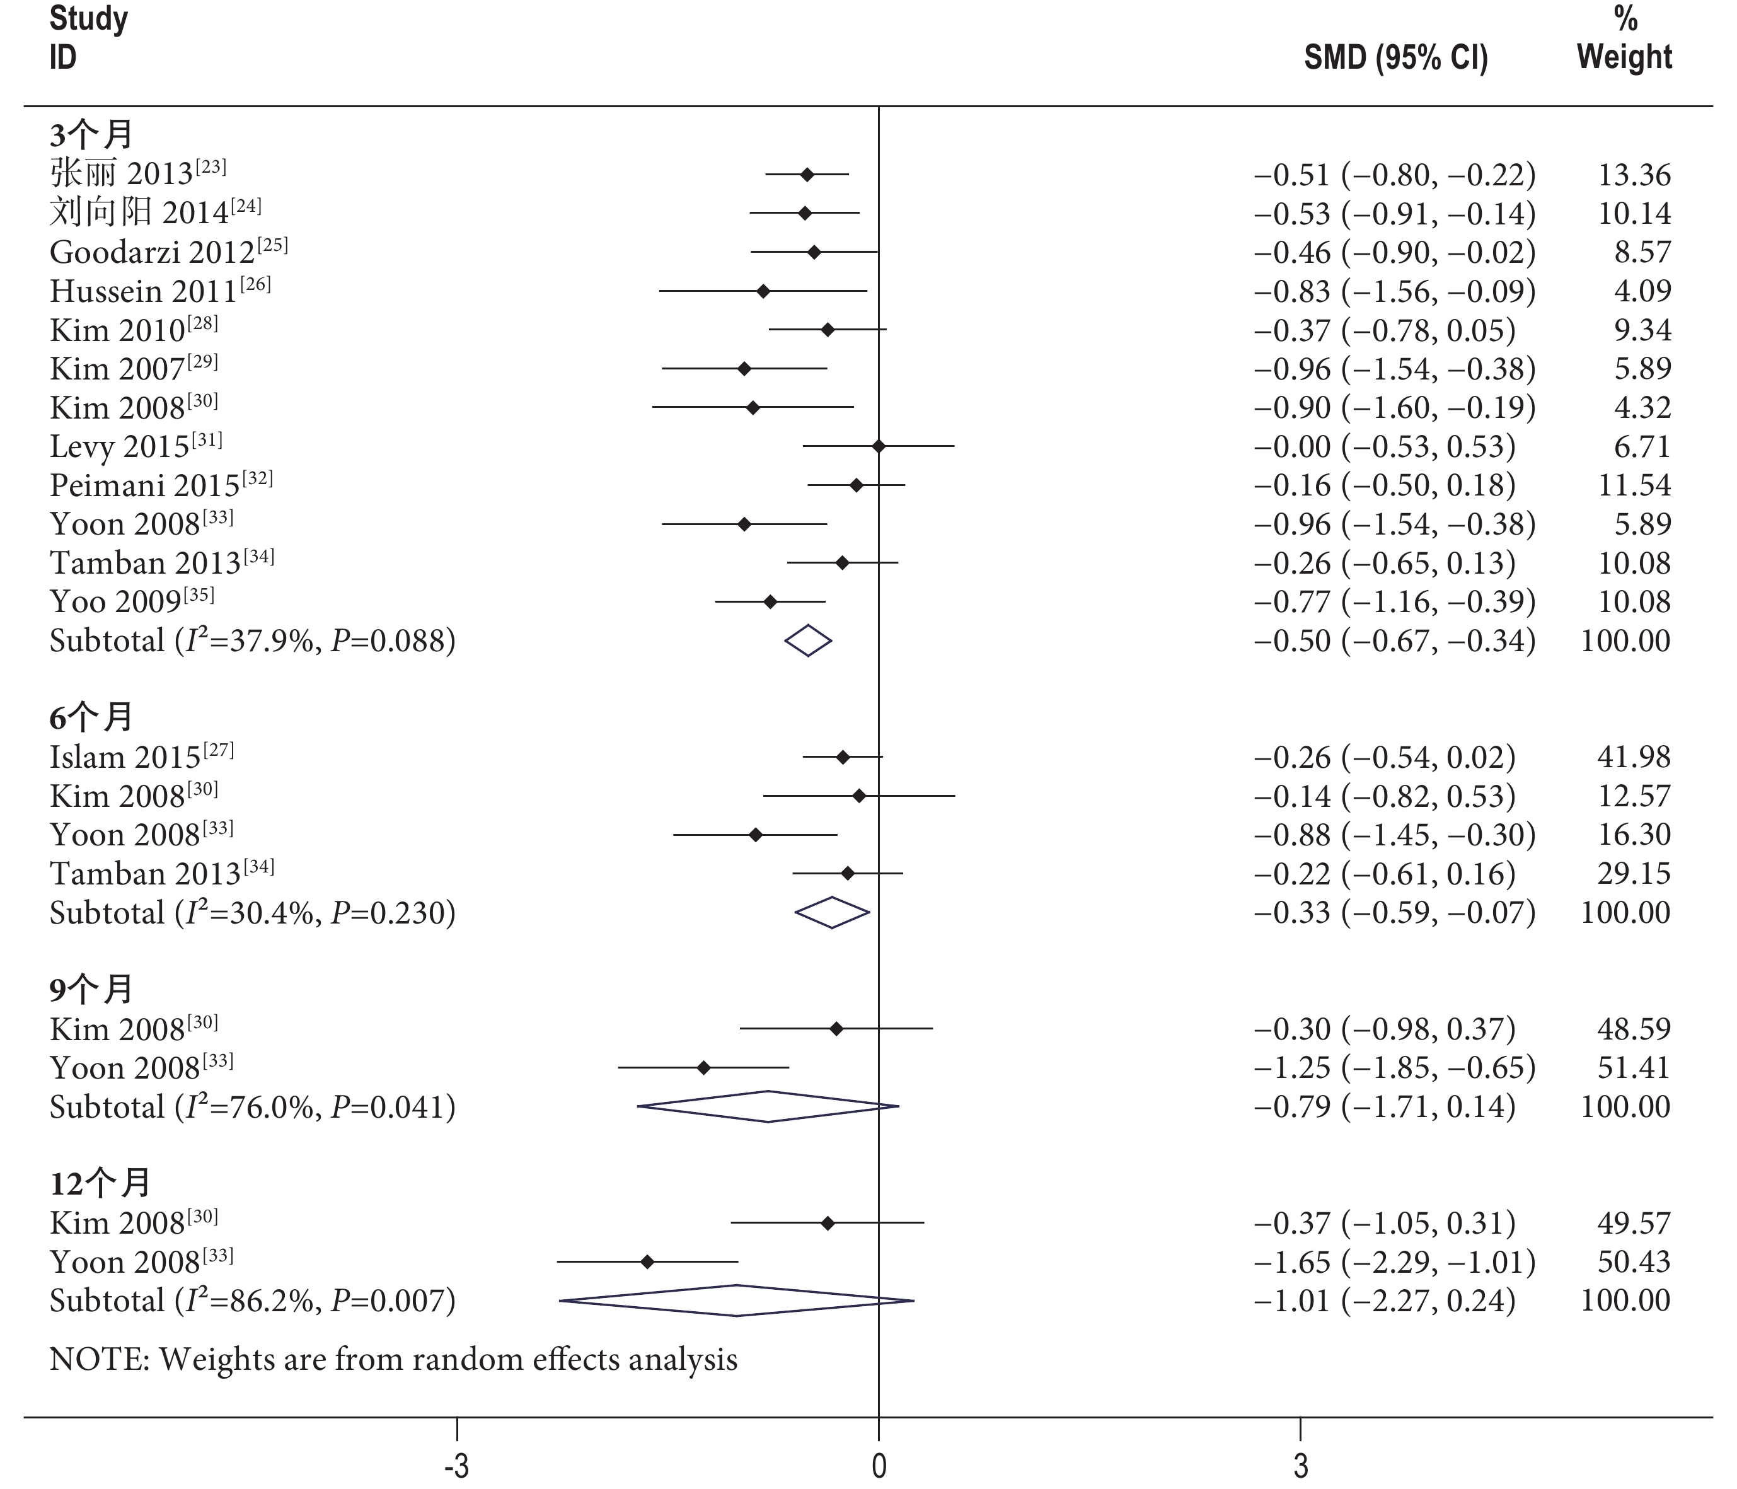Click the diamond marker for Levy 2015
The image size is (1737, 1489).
879,446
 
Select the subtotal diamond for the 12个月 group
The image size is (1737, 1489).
736,1301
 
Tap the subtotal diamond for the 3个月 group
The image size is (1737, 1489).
808,640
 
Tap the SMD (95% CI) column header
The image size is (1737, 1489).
1396,57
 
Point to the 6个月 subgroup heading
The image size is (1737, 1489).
91,717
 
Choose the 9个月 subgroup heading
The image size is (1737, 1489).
91,989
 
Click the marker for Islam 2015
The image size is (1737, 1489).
843,757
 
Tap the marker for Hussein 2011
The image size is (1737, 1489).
763,291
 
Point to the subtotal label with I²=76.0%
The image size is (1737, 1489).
252,1107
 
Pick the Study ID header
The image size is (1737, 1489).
88,38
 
